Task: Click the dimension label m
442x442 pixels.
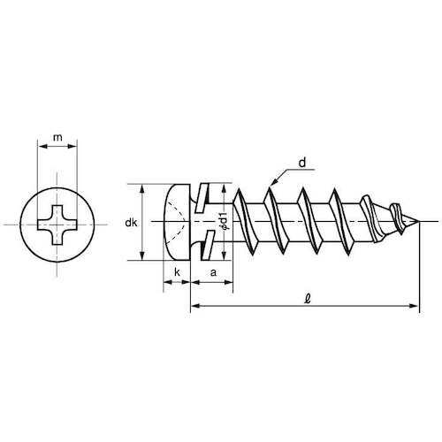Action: pyautogui.click(x=57, y=138)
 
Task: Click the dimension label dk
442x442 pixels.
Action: pyautogui.click(x=130, y=224)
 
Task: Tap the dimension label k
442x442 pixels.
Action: pyautogui.click(x=177, y=273)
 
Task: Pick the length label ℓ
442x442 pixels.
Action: pyautogui.click(x=306, y=299)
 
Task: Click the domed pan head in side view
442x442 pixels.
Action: pyautogui.click(x=177, y=223)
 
